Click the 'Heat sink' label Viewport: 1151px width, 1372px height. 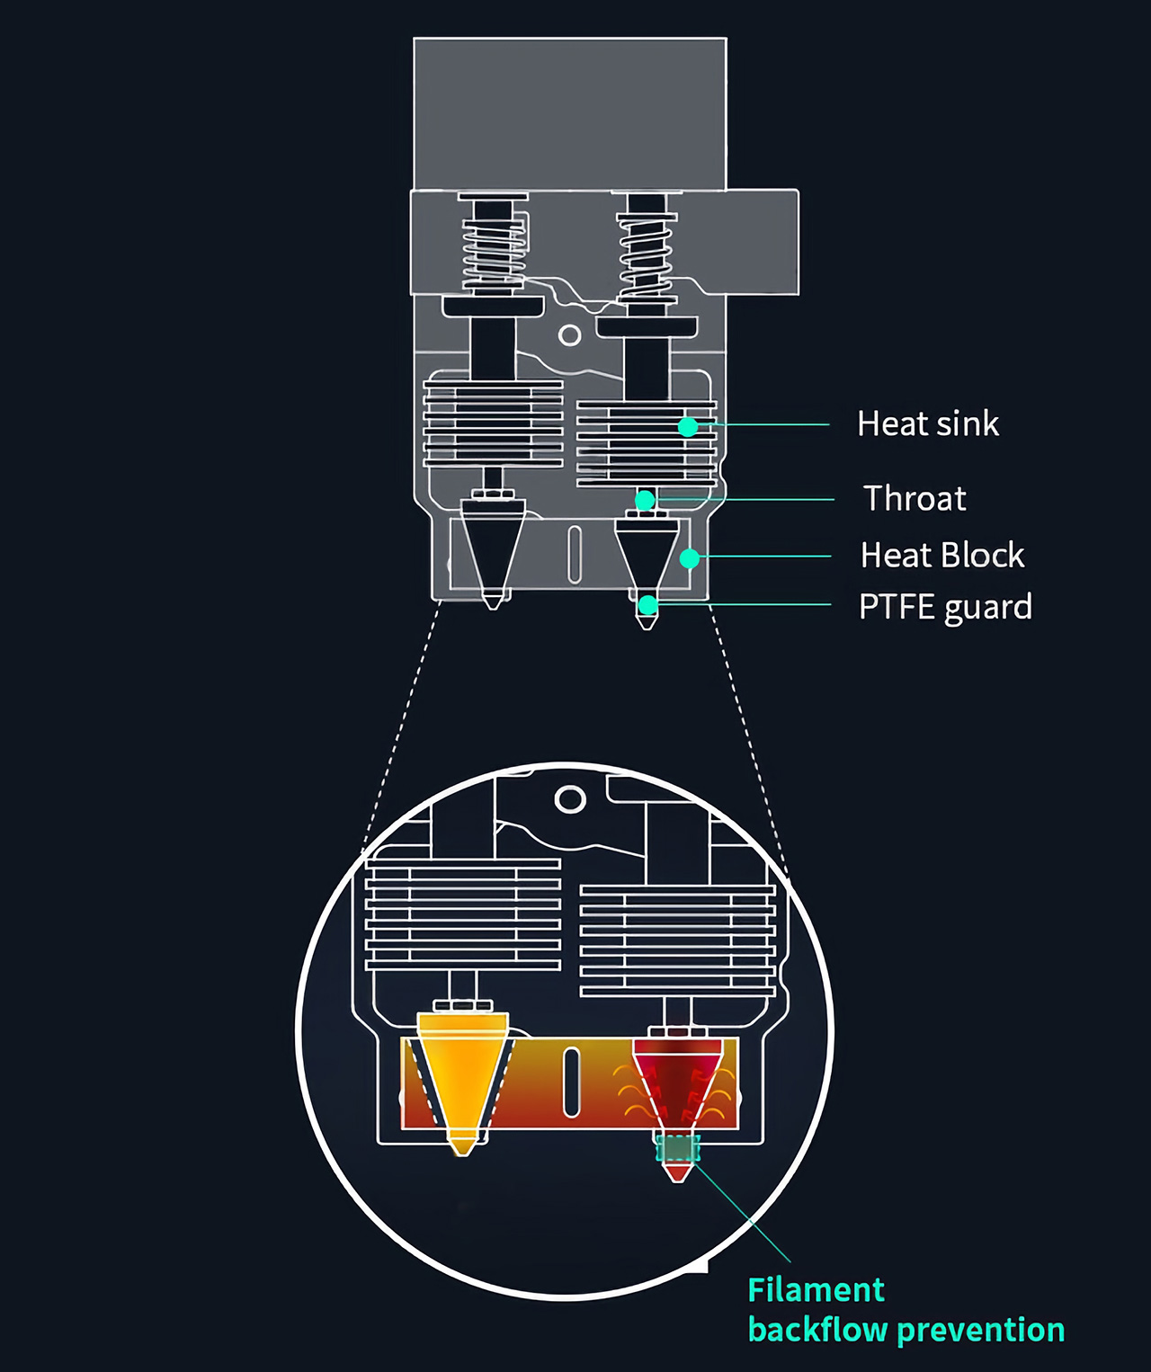927,423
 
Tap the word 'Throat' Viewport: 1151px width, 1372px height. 915,498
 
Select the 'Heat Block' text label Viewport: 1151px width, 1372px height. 941,556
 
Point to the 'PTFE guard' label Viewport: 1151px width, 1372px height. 944,607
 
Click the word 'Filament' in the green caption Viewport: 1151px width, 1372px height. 816,1290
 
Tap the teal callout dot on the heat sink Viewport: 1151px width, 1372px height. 688,426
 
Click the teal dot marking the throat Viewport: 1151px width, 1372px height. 645,500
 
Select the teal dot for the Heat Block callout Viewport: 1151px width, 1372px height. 690,559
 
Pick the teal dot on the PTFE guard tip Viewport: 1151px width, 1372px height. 647,606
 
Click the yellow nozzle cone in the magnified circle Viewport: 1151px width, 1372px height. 462,1074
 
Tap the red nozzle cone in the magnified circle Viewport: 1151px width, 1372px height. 676,1079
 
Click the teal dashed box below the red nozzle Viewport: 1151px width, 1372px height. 677,1148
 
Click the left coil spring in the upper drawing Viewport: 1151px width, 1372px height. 493,245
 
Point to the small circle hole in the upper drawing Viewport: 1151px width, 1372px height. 569,335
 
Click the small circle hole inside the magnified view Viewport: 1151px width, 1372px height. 570,798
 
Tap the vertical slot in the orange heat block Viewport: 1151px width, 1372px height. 571,1083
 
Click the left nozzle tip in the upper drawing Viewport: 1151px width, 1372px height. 492,601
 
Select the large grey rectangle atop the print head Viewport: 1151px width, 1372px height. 569,112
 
